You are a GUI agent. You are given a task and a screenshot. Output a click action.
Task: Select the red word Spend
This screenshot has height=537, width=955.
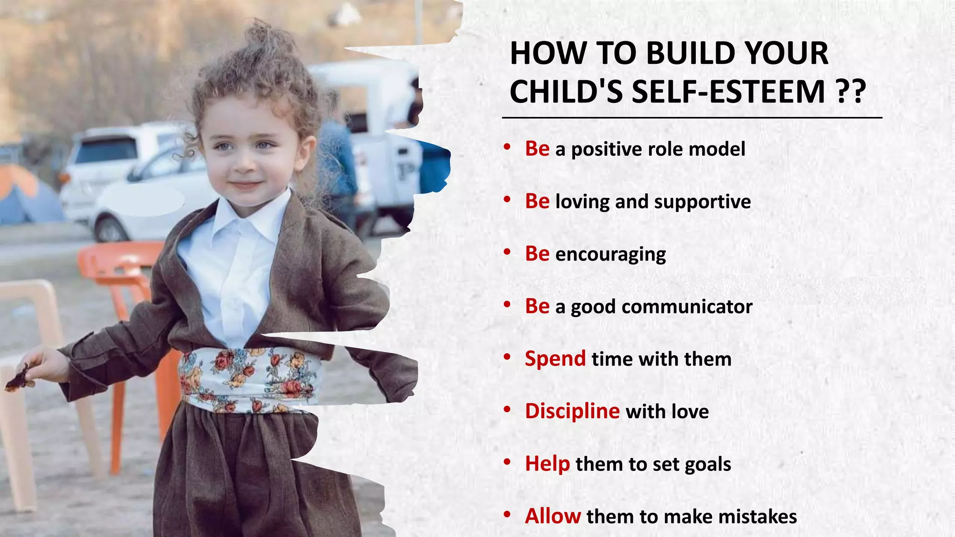coord(555,359)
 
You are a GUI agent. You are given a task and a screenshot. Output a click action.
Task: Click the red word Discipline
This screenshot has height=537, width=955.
coord(572,411)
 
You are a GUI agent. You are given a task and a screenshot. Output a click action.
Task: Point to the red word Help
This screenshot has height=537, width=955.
coord(547,464)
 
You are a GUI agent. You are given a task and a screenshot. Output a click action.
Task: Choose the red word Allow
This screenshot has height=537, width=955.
coord(553,516)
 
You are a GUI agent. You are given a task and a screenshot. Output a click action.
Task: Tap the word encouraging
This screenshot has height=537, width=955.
coord(610,255)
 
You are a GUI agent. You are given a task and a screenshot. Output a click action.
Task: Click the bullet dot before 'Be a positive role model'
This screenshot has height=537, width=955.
coord(507,147)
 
